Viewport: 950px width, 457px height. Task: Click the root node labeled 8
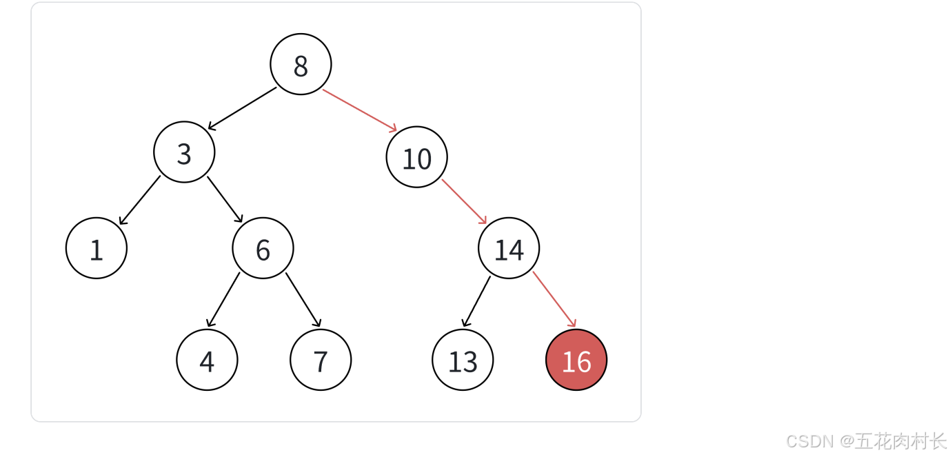(x=301, y=64)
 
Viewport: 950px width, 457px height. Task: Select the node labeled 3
(x=184, y=152)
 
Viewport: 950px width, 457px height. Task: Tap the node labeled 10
(x=416, y=157)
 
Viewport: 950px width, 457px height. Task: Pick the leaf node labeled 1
(x=97, y=248)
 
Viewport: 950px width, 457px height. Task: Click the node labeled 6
(x=263, y=248)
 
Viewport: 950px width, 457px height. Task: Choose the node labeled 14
(x=509, y=248)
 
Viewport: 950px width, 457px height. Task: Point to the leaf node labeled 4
(x=207, y=360)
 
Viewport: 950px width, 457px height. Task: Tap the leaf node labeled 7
(x=321, y=360)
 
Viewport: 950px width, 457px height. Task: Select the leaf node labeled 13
(x=463, y=360)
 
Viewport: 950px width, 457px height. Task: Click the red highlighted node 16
(x=576, y=360)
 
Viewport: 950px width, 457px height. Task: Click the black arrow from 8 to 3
(x=242, y=108)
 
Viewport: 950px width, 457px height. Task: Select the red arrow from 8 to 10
(x=360, y=110)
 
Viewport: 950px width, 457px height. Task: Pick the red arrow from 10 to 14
(x=465, y=202)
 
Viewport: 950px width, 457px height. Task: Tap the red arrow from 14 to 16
(x=554, y=299)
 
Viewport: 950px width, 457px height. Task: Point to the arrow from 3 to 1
(x=139, y=201)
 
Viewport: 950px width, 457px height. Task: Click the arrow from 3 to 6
(x=225, y=200)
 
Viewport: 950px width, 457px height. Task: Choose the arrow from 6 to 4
(x=223, y=300)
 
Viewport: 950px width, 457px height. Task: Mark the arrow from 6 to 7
(x=303, y=300)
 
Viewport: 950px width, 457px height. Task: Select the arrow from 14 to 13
(x=476, y=301)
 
